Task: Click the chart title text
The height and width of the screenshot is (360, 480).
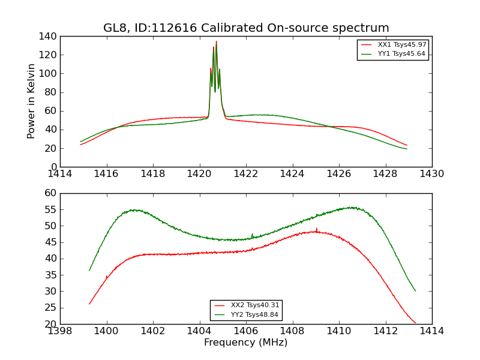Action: [246, 28]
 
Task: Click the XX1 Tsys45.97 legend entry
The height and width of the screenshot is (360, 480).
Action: [401, 45]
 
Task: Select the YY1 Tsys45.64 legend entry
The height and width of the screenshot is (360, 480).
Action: [401, 54]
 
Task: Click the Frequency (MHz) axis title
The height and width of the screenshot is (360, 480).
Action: [246, 343]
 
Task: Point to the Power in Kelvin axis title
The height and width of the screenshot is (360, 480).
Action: [32, 101]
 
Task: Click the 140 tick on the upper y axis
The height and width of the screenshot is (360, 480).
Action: [48, 37]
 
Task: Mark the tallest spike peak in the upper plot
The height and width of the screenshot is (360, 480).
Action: [217, 41]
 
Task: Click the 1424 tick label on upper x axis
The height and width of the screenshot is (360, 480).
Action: [293, 173]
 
